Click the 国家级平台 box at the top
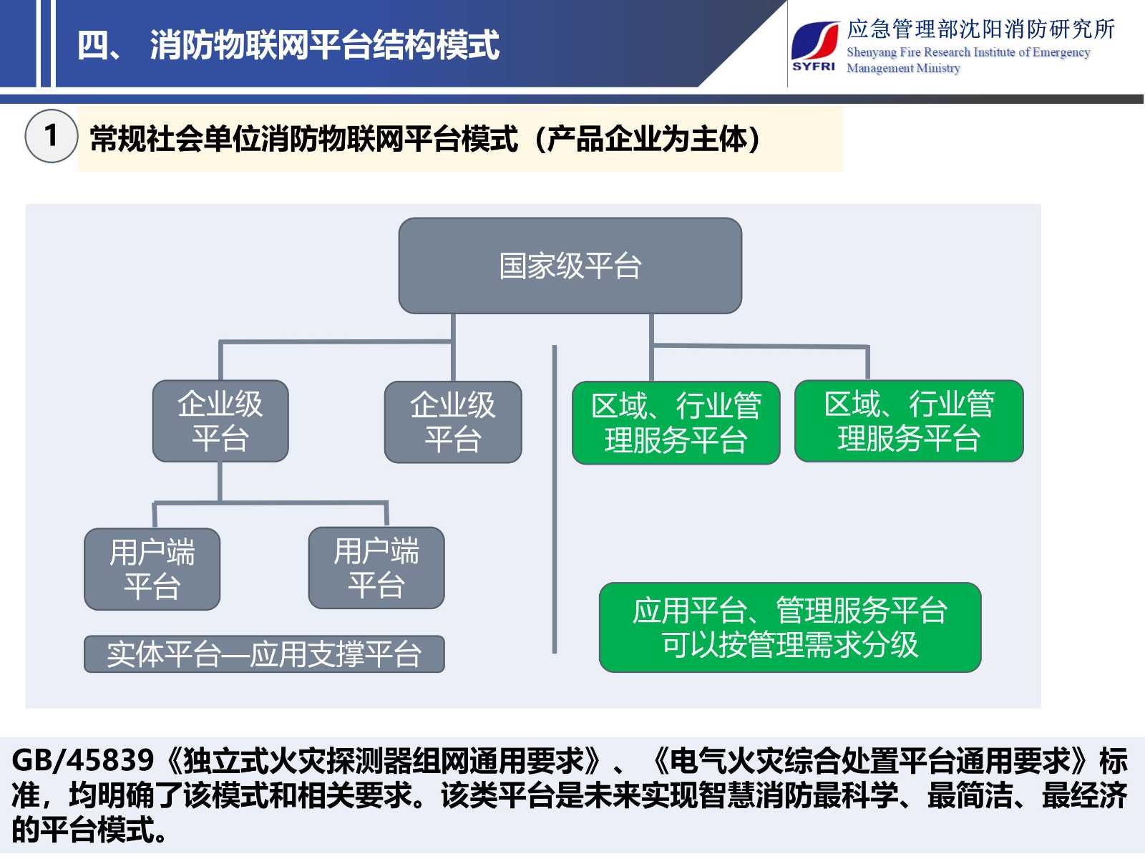(570, 266)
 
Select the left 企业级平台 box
(220, 421)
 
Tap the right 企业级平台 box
(453, 422)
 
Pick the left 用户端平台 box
(152, 569)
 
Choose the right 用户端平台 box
(376, 568)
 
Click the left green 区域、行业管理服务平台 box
(676, 423)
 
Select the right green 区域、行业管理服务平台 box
(909, 421)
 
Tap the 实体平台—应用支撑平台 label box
(264, 654)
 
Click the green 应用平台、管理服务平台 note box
(790, 628)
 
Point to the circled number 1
(51, 135)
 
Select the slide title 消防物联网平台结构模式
(324, 45)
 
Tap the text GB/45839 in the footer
(83, 760)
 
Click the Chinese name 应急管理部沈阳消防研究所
(980, 29)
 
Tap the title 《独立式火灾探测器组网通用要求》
(384, 760)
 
